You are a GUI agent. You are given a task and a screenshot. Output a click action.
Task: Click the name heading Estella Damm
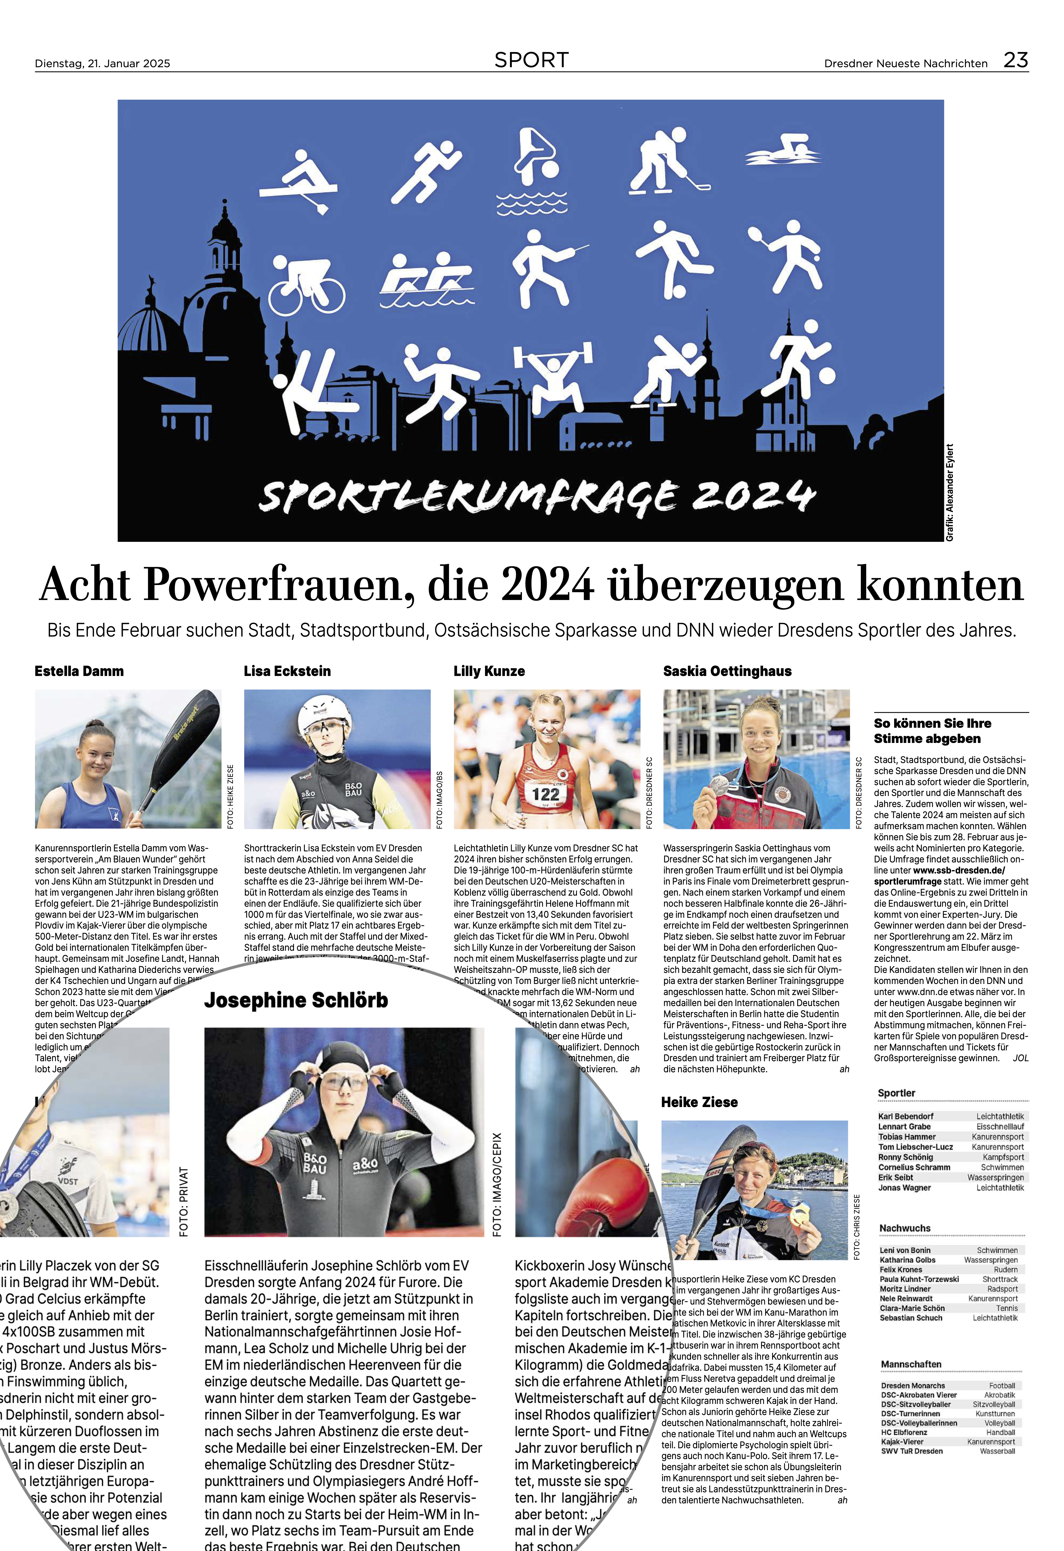point(79,671)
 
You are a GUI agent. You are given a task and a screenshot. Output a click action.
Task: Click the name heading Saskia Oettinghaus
point(727,671)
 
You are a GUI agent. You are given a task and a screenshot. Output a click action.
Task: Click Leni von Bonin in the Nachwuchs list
point(905,1250)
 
